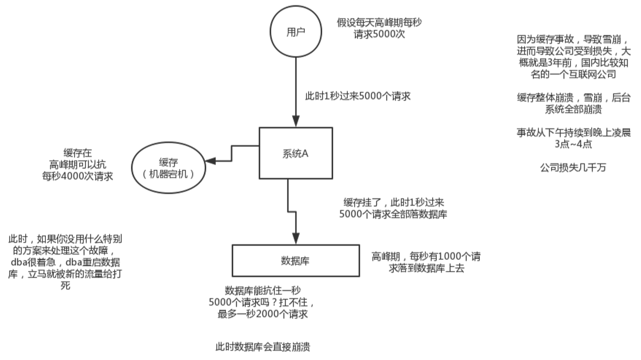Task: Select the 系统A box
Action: coord(296,152)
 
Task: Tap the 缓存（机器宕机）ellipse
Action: coord(168,168)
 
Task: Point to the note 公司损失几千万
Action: coord(573,168)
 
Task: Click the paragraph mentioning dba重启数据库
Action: coord(65,262)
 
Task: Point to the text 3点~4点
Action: coord(573,144)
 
